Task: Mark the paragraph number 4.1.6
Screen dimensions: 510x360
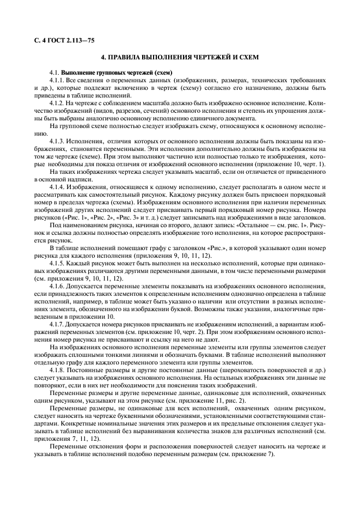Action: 57,285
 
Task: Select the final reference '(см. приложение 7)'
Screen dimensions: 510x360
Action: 242,454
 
